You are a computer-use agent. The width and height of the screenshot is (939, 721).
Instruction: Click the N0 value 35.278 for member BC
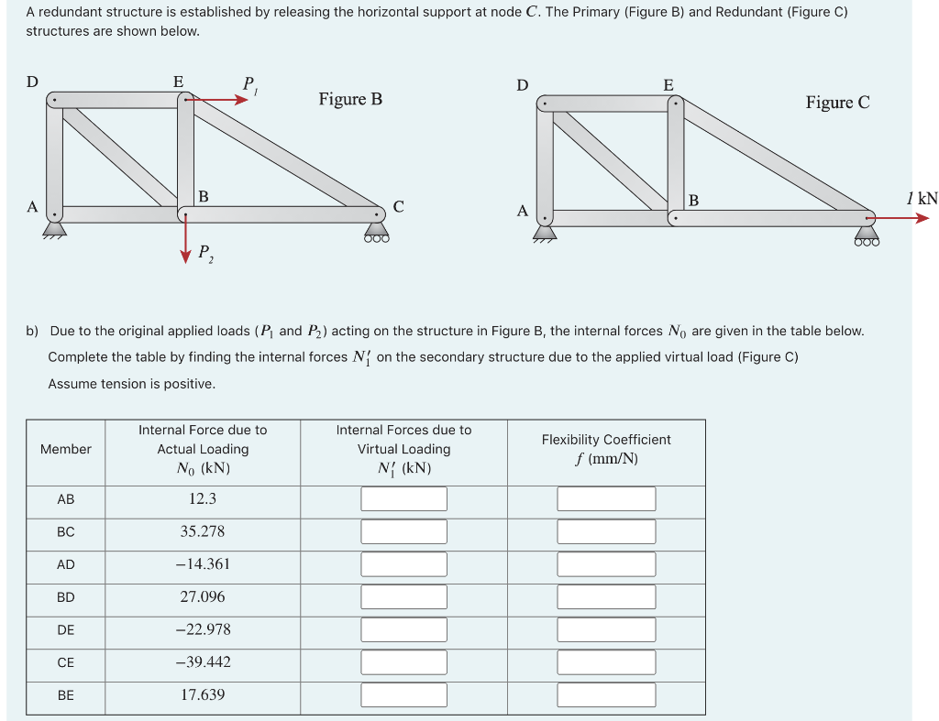tap(202, 531)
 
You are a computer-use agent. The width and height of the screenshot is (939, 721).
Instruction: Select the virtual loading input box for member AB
tap(403, 498)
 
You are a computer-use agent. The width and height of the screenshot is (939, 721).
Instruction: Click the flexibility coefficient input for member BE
tap(606, 694)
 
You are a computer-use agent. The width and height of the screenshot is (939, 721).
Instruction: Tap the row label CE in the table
tap(65, 662)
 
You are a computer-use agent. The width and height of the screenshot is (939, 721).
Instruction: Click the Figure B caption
tap(350, 99)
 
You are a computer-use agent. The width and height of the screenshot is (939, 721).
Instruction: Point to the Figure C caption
tap(837, 103)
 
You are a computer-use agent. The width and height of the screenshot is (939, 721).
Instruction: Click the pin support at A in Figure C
tap(545, 232)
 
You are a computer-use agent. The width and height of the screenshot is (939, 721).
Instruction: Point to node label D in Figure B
tap(32, 82)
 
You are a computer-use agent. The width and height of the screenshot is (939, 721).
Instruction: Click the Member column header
tap(65, 449)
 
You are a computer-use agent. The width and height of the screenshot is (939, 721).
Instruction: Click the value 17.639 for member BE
tap(202, 694)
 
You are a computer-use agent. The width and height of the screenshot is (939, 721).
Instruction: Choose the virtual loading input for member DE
tap(403, 629)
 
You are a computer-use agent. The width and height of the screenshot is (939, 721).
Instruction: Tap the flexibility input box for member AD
tap(606, 564)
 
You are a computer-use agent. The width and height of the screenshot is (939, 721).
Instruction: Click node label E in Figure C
tap(668, 85)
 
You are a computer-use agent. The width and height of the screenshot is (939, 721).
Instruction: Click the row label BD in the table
tap(65, 597)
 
